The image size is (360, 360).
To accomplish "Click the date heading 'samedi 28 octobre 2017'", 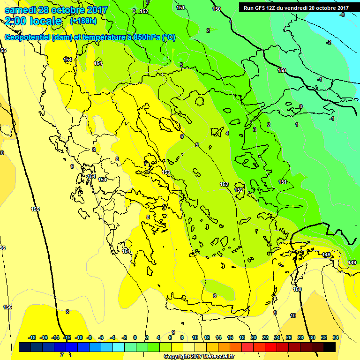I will (56, 10).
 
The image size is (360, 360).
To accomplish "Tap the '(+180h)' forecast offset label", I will (83, 21).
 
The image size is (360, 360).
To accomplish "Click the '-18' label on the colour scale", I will (32, 337).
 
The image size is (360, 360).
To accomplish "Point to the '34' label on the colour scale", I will (335, 337).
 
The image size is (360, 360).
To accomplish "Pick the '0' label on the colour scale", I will (135, 337).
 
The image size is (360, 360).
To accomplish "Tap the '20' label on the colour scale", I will (253, 337).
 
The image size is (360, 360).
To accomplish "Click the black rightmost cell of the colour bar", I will (329, 347).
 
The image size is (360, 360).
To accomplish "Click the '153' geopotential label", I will (166, 172).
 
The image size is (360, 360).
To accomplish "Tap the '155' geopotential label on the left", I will (35, 209).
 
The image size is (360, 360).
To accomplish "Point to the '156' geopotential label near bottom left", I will (7, 307).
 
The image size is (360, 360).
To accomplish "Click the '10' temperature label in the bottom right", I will (293, 315).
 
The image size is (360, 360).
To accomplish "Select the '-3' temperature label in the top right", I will (342, 15).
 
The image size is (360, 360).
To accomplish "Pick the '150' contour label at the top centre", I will (217, 9).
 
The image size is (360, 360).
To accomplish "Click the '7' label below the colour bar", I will (61, 355).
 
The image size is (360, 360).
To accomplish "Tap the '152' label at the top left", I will (144, 11).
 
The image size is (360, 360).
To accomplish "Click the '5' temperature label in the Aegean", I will (197, 145).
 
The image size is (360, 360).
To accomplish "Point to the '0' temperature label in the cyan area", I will (300, 106).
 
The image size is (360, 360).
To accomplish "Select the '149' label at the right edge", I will (352, 262).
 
